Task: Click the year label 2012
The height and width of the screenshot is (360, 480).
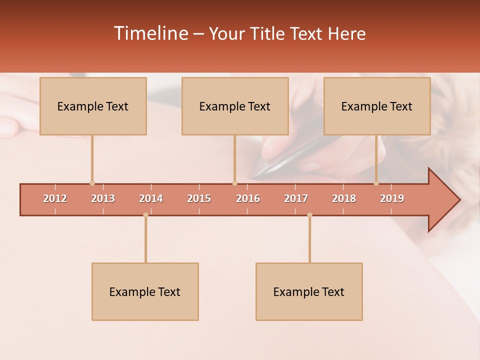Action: click(x=55, y=198)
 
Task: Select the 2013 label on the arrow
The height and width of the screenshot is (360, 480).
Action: click(x=103, y=198)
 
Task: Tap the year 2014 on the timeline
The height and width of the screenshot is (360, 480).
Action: click(x=151, y=198)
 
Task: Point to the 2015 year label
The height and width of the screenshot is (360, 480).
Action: click(x=199, y=198)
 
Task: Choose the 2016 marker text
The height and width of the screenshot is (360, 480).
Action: click(x=248, y=198)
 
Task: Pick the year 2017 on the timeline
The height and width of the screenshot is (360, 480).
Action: click(x=296, y=198)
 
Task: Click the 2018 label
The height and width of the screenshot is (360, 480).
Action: click(x=344, y=198)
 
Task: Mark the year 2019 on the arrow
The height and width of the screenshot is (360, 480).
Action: click(x=392, y=198)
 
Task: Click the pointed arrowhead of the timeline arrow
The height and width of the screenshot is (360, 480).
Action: click(x=447, y=200)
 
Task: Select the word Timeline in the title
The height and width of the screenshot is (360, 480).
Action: click(x=151, y=33)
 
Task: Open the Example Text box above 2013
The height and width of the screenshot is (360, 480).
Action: click(x=93, y=106)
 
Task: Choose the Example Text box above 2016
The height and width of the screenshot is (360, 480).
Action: click(x=235, y=106)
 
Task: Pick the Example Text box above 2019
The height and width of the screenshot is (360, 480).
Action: click(x=377, y=106)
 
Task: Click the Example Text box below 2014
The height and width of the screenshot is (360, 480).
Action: click(x=145, y=291)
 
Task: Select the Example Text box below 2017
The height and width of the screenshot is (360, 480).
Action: click(x=309, y=291)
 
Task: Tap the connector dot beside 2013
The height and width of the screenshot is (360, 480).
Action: click(x=92, y=183)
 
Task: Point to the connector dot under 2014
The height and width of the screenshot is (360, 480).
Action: click(x=145, y=215)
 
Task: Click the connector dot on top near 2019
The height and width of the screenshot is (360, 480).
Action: click(x=376, y=183)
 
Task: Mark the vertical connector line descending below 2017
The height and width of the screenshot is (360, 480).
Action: click(x=309, y=240)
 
